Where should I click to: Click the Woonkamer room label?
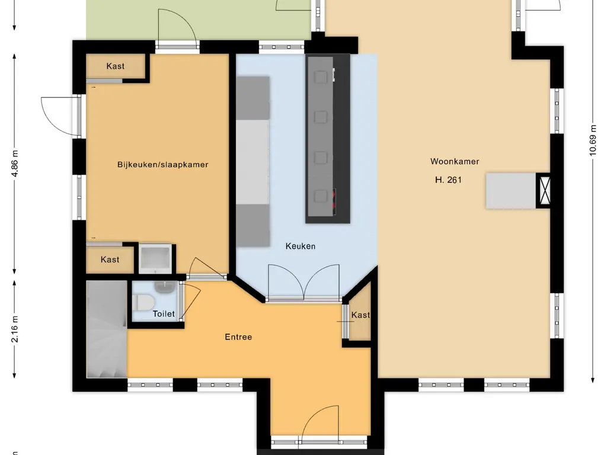(455, 161)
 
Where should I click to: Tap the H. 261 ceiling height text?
(448, 180)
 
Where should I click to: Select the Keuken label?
(300, 246)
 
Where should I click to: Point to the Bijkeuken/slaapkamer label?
(162, 165)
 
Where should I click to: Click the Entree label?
(238, 337)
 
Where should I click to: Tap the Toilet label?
(164, 313)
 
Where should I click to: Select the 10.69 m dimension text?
(592, 140)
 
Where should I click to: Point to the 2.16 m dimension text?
(15, 329)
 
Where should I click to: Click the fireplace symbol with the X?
(544, 191)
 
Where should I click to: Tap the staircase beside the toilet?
(107, 329)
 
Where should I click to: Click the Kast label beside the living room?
(360, 315)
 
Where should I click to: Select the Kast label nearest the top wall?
(116, 66)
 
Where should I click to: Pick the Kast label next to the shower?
(110, 259)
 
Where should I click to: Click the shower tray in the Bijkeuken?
(156, 258)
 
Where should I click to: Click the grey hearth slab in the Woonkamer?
(510, 191)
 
